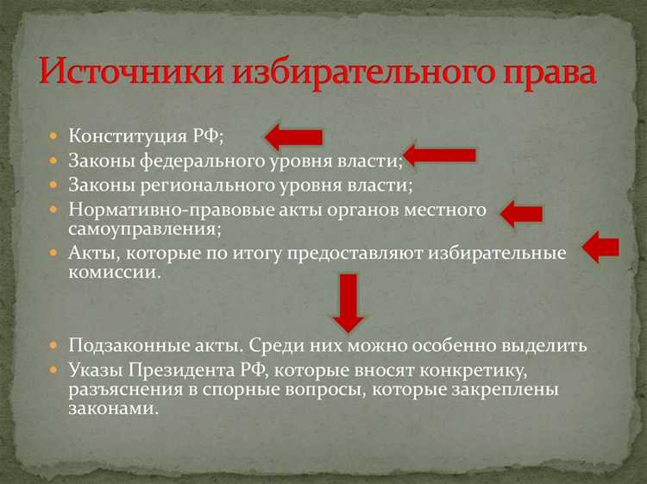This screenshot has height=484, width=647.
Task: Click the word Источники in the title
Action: point(126,72)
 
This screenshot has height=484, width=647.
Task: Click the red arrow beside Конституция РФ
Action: point(293,135)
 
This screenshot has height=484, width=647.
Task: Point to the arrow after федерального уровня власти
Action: point(439,155)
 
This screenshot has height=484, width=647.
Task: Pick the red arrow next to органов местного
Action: point(521,213)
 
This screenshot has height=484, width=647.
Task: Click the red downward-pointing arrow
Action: point(348,302)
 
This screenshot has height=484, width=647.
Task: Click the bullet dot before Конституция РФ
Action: point(53,136)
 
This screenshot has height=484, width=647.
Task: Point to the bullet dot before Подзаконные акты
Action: point(53,345)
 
